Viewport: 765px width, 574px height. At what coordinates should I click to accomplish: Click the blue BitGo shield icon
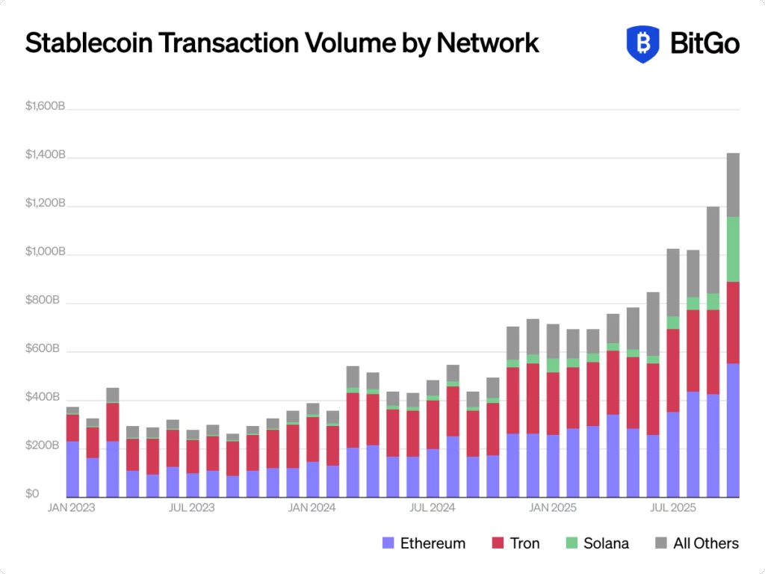coord(642,43)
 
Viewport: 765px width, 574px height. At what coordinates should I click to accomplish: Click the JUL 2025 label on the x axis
coord(672,508)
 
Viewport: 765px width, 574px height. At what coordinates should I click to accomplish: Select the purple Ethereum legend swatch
coord(388,543)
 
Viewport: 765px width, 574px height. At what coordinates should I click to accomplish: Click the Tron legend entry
coord(515,543)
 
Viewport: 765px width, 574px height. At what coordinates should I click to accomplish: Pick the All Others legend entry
coord(697,543)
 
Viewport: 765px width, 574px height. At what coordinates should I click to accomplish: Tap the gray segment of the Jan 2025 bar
coord(553,341)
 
